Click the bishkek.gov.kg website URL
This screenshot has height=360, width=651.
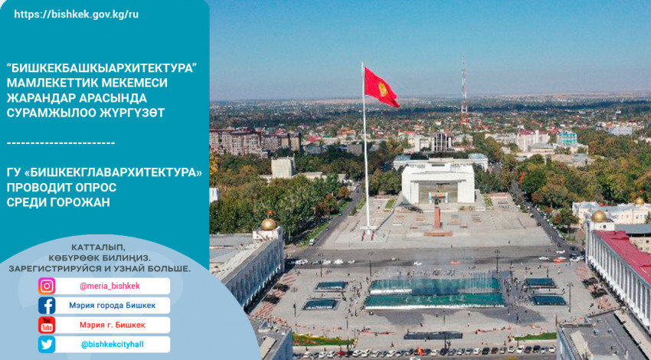(77, 15)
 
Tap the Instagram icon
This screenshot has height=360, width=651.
(47, 286)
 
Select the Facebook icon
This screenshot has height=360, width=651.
(47, 306)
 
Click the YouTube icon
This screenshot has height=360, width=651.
(47, 325)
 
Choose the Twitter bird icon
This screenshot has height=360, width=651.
(47, 345)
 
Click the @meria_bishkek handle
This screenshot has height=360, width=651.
(110, 286)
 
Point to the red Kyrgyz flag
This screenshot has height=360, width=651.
(381, 87)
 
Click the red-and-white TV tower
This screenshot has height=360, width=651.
(464, 90)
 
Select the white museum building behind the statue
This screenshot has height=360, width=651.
(438, 183)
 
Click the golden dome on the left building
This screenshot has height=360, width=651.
(269, 224)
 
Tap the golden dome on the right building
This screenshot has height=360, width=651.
(599, 216)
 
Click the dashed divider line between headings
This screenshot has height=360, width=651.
(61, 143)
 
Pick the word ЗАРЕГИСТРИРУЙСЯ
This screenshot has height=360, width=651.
(55, 269)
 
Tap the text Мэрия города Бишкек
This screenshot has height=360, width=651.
(112, 306)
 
